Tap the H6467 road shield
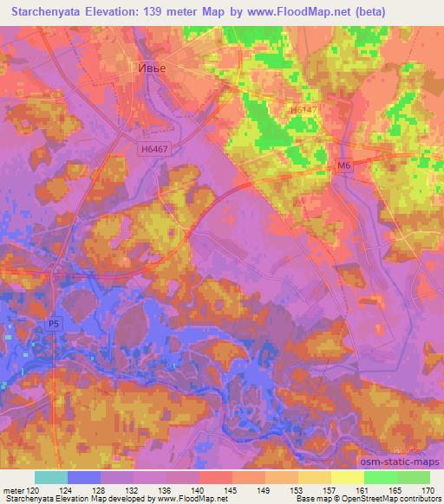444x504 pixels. click(153, 149)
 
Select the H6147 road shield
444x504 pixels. click(302, 111)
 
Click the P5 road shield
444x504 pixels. click(54, 323)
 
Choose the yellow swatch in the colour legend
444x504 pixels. click(347, 477)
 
